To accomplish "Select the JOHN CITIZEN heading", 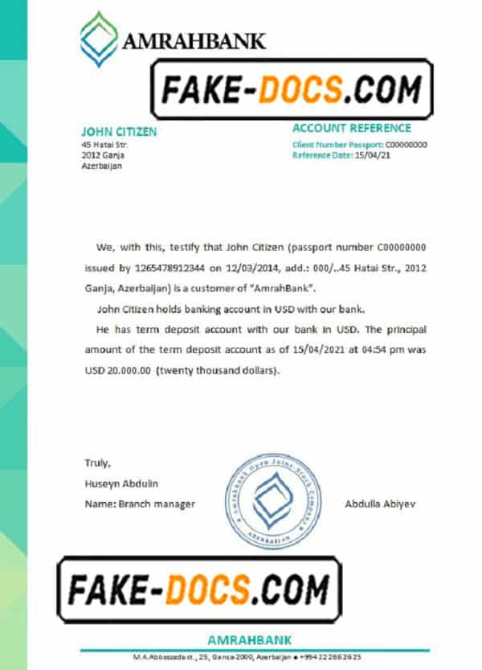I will click(x=119, y=132).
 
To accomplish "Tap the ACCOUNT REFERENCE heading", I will click(x=351, y=128).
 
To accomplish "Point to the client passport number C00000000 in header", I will click(x=406, y=145).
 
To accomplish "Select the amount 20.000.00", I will click(x=131, y=369).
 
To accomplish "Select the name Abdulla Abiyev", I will click(x=380, y=504).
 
